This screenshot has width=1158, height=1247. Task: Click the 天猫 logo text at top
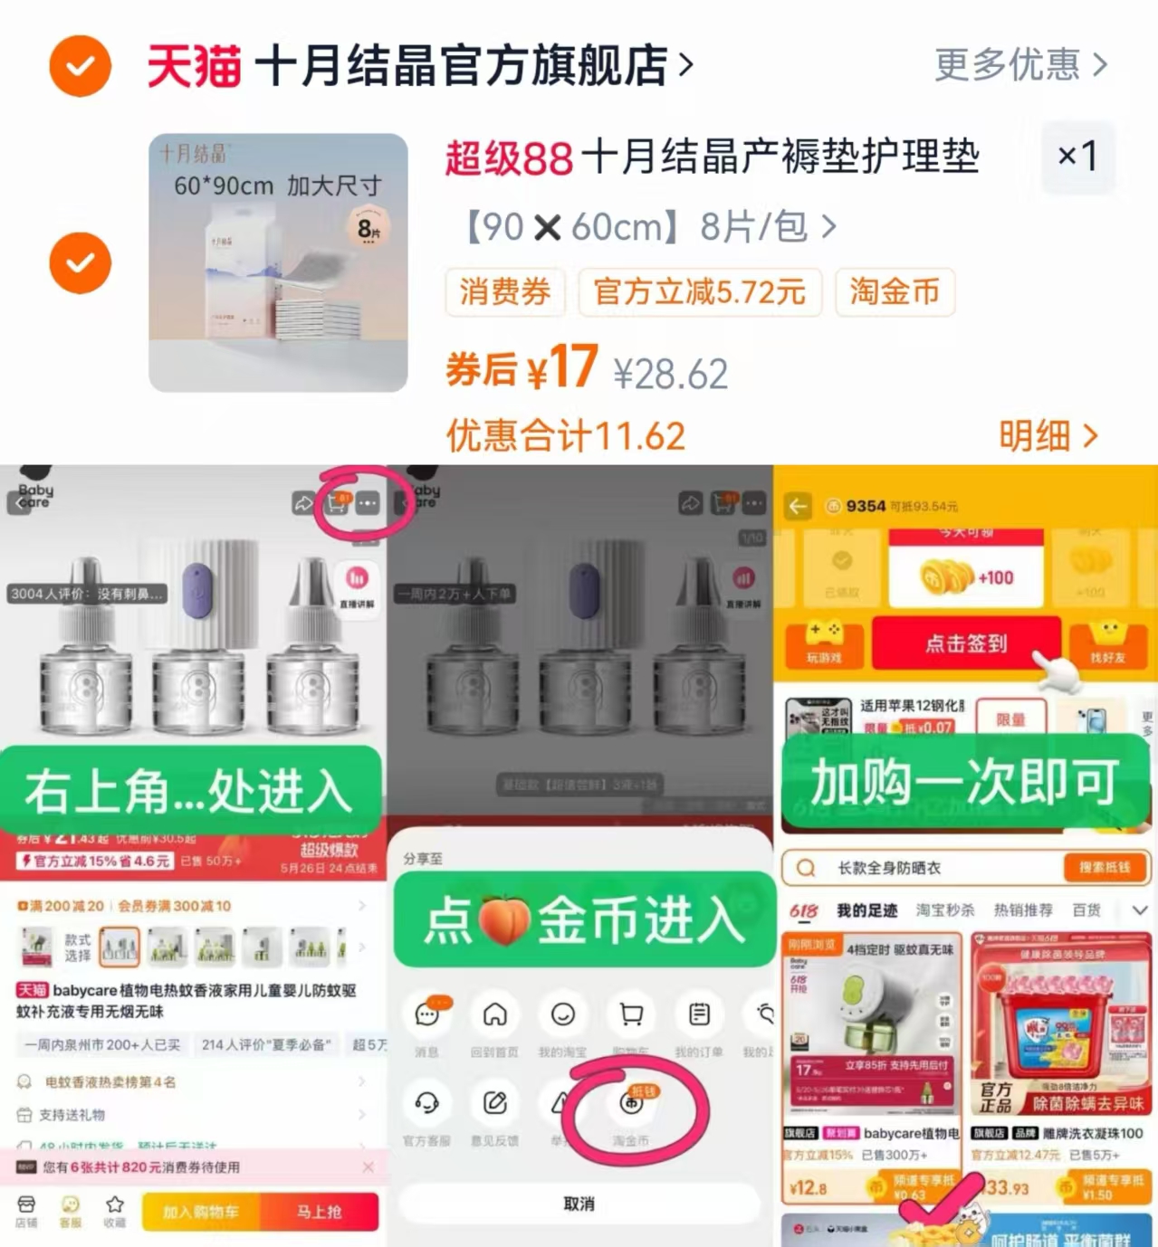click(194, 66)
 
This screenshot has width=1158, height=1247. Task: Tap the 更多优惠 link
click(1020, 65)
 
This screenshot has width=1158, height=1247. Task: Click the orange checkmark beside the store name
click(80, 66)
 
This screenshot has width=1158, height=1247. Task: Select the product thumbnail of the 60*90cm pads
click(278, 262)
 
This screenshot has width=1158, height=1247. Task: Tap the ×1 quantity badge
click(1077, 157)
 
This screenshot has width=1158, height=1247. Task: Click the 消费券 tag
click(505, 292)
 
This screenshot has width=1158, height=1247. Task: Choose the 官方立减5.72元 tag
click(699, 292)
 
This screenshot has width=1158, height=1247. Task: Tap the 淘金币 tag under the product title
click(895, 292)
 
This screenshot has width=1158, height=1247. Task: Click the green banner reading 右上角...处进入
click(190, 790)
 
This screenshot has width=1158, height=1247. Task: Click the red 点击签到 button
click(965, 643)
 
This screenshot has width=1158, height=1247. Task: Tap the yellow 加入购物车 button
click(201, 1212)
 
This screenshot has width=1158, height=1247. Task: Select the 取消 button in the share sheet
click(579, 1204)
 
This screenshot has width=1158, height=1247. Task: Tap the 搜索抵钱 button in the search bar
click(1105, 867)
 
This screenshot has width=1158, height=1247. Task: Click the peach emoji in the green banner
click(503, 920)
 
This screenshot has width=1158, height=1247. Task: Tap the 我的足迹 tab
click(866, 910)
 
